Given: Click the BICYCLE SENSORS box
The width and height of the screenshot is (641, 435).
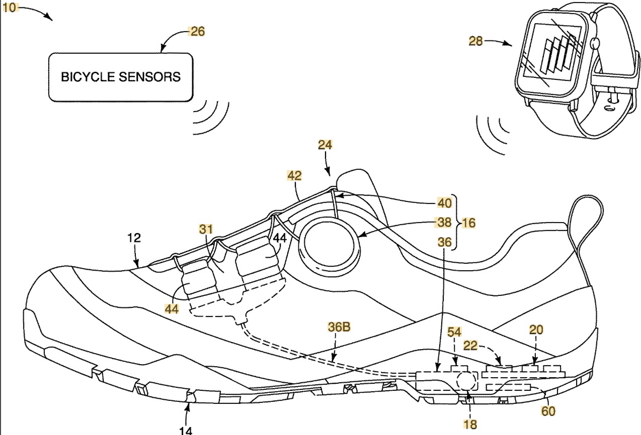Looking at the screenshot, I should (x=120, y=77).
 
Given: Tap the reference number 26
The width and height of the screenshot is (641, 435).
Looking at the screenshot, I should (x=197, y=31).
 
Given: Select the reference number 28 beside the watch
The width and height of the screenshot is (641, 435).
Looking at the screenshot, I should (x=475, y=41).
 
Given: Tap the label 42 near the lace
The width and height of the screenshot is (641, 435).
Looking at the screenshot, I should (x=294, y=175).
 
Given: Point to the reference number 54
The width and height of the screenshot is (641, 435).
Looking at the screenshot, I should (x=455, y=333).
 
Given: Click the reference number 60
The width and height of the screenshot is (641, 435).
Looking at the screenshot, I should (x=548, y=411).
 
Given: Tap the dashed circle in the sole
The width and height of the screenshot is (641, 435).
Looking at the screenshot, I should (x=466, y=382).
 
